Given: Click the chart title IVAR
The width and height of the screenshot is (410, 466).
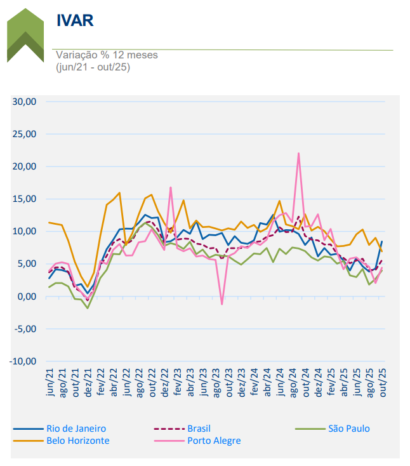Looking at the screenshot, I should tap(75, 20).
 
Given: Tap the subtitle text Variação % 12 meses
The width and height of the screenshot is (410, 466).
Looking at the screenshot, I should tap(107, 55).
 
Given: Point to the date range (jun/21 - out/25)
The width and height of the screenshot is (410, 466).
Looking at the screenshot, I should tap(93, 67).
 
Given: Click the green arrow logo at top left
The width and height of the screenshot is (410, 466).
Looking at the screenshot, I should tap(25, 35).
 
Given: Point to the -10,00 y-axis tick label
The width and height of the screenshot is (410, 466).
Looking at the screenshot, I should tap(23, 361).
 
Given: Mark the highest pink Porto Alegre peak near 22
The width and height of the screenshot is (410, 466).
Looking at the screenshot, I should tap(298, 153).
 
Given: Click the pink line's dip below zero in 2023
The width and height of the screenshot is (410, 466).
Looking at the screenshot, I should tap(222, 304).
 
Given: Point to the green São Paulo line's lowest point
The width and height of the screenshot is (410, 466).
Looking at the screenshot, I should tap(88, 308).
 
